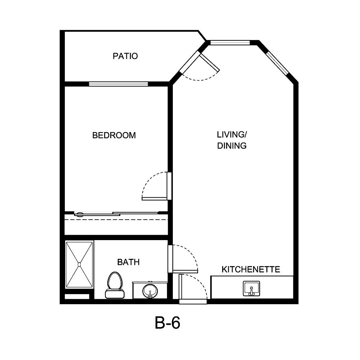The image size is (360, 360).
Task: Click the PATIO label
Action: (125, 56)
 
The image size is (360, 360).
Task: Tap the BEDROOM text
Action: (114, 135)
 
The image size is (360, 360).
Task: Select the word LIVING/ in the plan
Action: (231, 135)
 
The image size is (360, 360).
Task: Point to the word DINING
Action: (231, 146)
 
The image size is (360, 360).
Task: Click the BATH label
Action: (128, 262)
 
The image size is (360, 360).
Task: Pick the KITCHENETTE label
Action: (251, 269)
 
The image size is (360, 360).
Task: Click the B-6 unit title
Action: (167, 323)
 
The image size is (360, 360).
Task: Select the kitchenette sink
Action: (252, 289)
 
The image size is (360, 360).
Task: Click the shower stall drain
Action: (79, 264)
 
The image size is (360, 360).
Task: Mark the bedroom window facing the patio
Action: (118, 84)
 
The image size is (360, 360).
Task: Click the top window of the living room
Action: (230, 42)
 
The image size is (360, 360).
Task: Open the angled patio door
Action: (209, 63)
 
